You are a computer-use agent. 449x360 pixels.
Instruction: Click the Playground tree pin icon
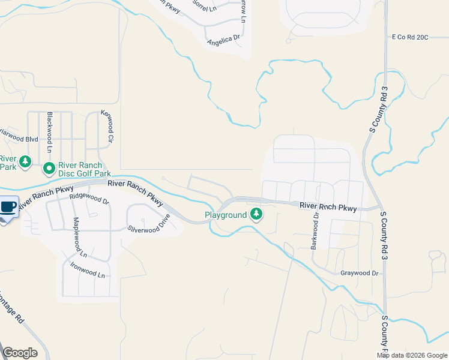(256, 214)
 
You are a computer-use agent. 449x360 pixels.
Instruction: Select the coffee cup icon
(8, 207)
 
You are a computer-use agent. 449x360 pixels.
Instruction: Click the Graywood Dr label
(360, 273)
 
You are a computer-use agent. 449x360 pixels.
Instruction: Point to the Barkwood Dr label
(315, 231)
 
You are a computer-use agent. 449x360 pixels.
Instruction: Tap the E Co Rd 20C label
(409, 37)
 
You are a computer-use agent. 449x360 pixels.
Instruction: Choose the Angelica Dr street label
(223, 40)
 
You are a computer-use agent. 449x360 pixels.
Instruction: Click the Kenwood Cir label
(106, 127)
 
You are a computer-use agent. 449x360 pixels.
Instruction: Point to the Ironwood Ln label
(87, 270)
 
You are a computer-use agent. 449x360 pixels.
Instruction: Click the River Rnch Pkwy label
(328, 206)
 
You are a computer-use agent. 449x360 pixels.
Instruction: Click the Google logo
(20, 353)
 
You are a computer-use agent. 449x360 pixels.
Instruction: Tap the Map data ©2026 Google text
(412, 355)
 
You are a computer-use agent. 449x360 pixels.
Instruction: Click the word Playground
(226, 215)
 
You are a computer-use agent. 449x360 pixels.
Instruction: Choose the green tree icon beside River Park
(25, 161)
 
